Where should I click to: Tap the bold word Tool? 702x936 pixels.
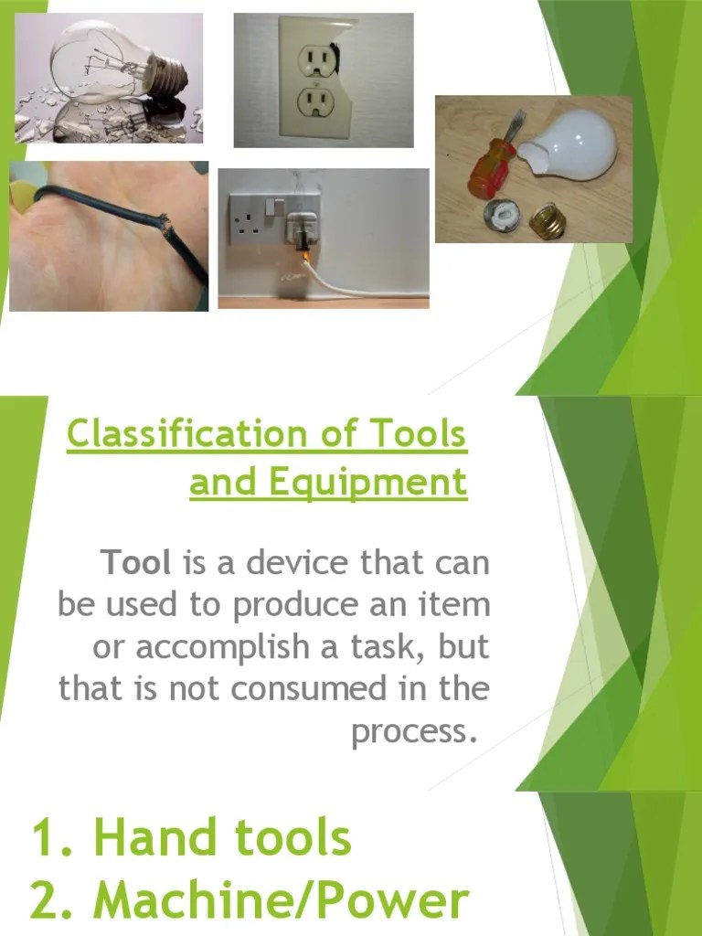[137, 563]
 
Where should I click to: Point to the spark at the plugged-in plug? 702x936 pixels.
[305, 258]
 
